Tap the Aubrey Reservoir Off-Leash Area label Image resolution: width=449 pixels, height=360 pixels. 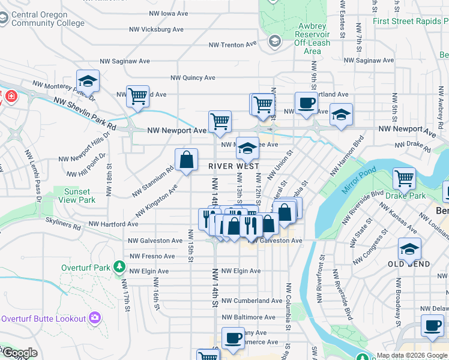pyautogui.click(x=312, y=38)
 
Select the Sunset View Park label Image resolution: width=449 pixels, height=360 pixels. pyautogui.click(x=80, y=196)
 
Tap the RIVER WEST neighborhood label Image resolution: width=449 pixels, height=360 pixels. pyautogui.click(x=234, y=166)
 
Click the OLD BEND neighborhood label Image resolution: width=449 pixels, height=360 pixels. pyautogui.click(x=409, y=264)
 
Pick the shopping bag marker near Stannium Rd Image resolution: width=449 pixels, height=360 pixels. pyautogui.click(x=187, y=160)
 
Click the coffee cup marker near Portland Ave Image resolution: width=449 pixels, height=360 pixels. pyautogui.click(x=306, y=103)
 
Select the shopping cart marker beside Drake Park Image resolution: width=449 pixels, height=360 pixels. pyautogui.click(x=405, y=179)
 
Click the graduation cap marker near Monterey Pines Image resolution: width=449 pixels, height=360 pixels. pyautogui.click(x=88, y=81)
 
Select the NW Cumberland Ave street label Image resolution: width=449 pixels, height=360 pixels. pyautogui.click(x=252, y=301)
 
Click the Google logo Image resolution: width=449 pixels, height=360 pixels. pyautogui.click(x=19, y=353)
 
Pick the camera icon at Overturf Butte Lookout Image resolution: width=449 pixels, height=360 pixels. pyautogui.click(x=94, y=317)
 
